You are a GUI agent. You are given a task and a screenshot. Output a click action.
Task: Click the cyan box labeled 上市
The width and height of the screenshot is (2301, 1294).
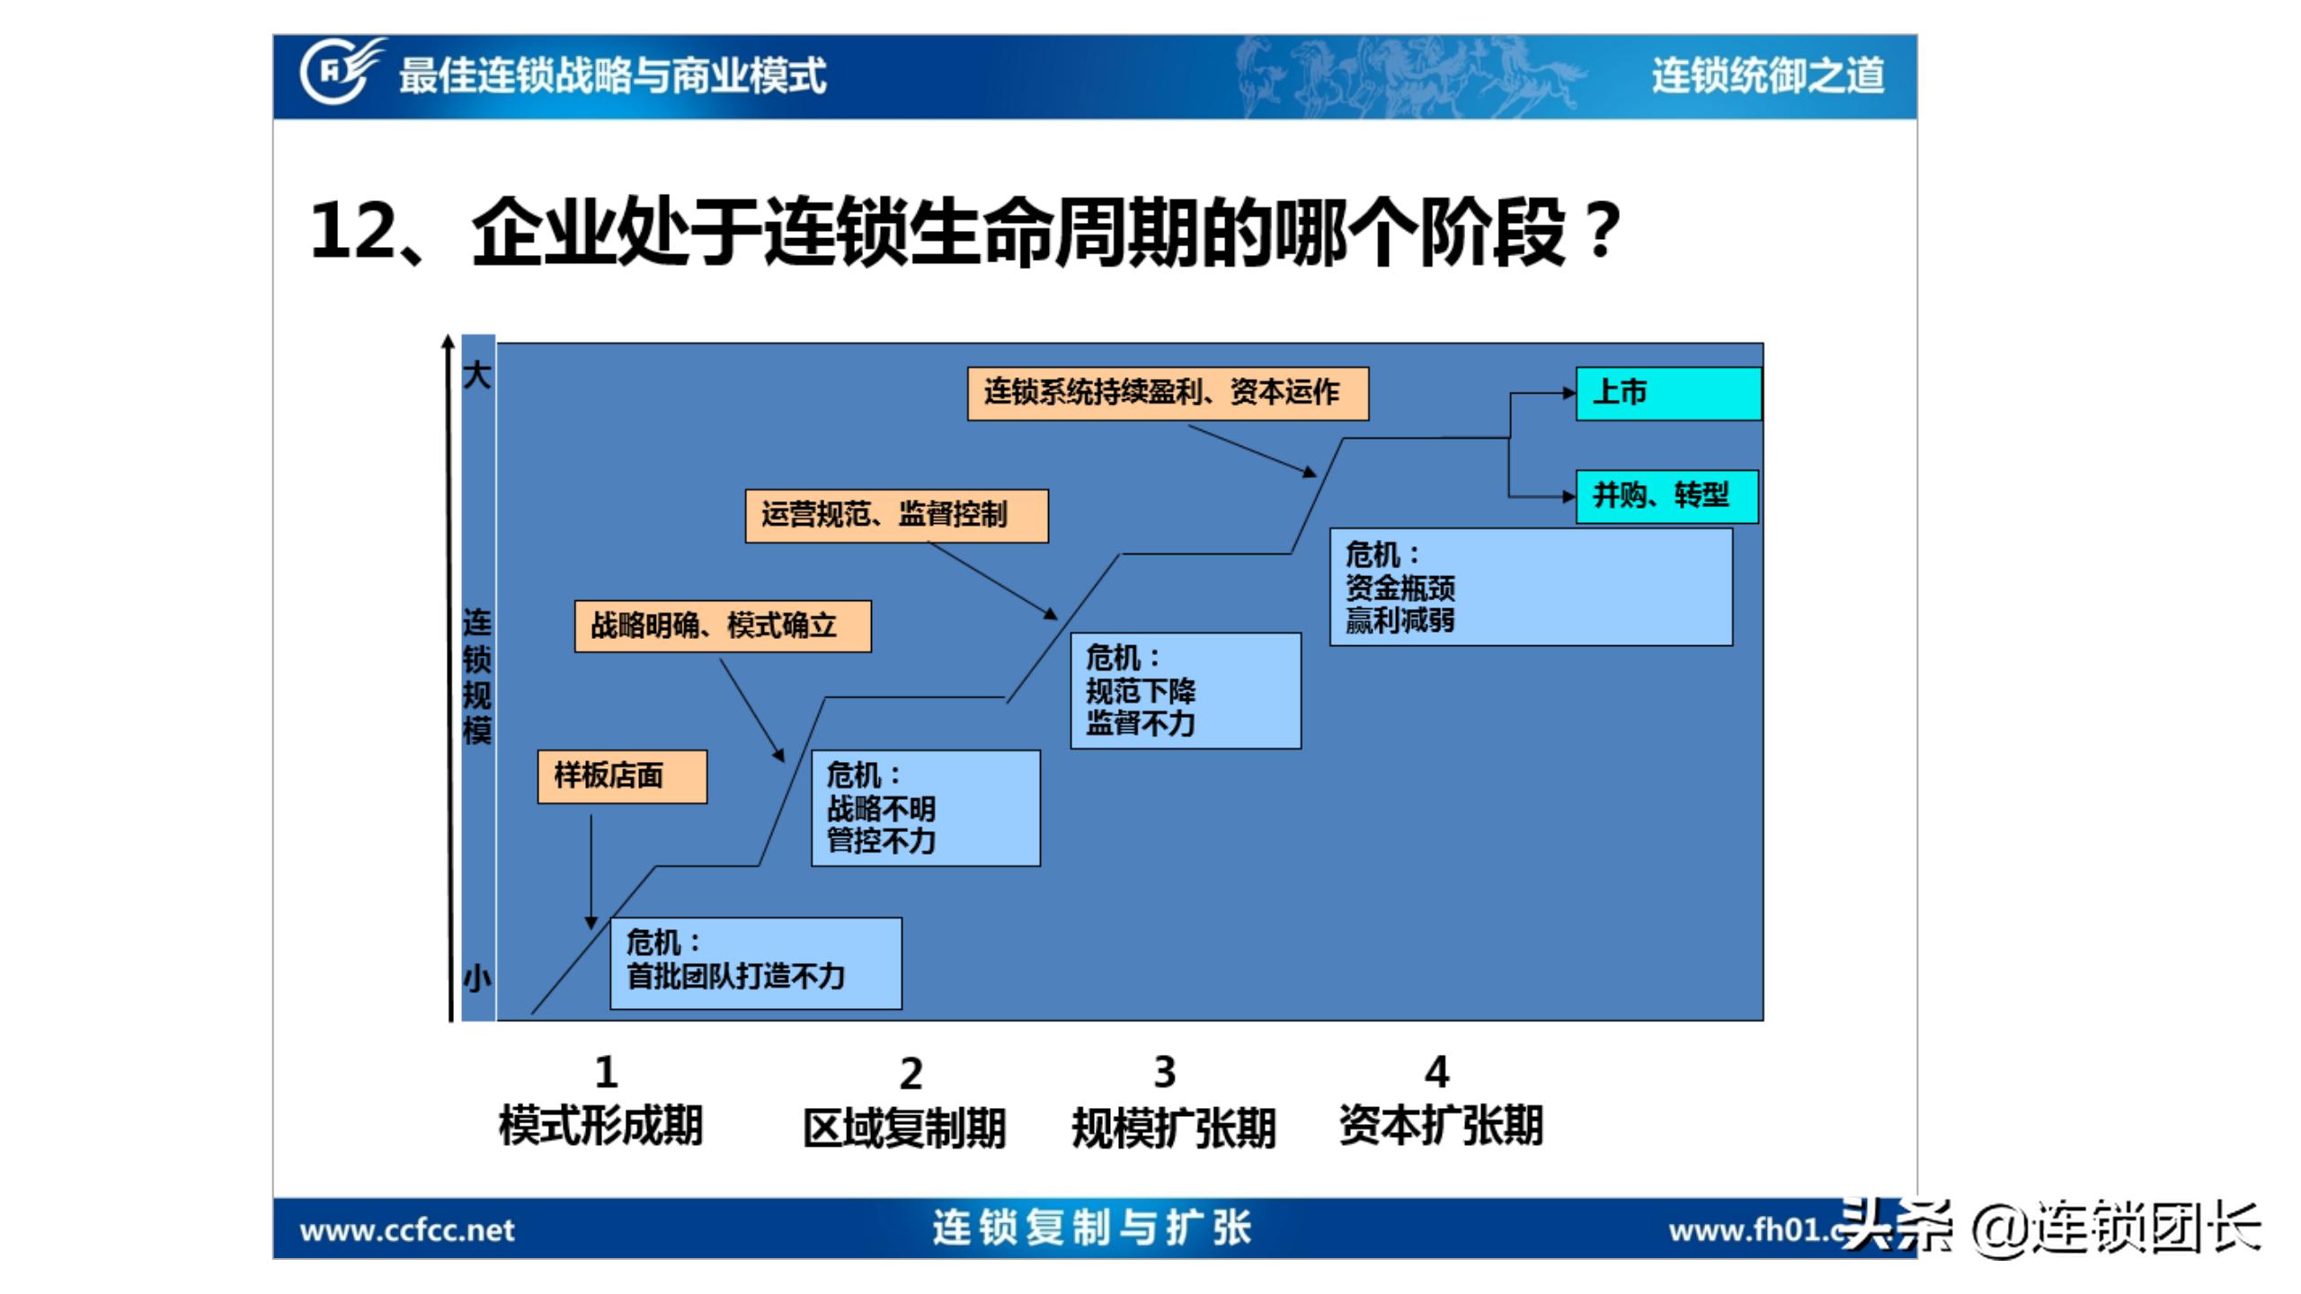1668,394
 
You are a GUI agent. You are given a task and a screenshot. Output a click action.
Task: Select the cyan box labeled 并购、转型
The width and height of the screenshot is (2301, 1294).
1666,496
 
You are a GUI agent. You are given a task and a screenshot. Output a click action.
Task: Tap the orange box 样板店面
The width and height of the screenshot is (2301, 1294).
622,776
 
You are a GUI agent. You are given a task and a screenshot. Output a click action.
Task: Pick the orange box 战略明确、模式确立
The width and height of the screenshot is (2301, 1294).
723,626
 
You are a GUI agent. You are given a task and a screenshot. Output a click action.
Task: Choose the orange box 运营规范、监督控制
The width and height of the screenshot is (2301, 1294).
896,516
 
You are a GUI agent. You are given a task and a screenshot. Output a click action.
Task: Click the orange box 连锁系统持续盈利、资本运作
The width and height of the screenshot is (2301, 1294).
1168,394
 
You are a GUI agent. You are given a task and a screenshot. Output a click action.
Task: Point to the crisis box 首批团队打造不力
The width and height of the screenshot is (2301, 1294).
755,963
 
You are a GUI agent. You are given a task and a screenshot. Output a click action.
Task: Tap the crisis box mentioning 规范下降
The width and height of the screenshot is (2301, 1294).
1186,691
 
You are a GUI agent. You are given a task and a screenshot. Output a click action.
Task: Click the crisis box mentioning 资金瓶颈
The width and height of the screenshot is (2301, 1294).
1531,587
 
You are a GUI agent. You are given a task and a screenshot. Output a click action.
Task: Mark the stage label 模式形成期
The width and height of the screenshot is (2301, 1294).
600,1126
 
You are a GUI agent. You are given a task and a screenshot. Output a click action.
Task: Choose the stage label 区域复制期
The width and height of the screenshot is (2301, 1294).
904,1129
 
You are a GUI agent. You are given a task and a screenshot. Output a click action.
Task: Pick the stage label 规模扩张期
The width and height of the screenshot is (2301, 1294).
1174,1129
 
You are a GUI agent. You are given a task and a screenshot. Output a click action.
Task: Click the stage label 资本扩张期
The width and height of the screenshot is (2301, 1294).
1441,1126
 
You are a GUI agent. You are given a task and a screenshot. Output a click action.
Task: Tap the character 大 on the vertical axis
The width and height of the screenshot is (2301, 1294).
477,375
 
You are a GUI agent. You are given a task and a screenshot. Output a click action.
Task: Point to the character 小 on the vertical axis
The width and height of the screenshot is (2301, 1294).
477,978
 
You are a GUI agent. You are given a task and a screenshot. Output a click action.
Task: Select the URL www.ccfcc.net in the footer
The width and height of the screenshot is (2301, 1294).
407,1230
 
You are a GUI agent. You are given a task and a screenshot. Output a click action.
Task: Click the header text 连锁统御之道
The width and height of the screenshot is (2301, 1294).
1767,75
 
